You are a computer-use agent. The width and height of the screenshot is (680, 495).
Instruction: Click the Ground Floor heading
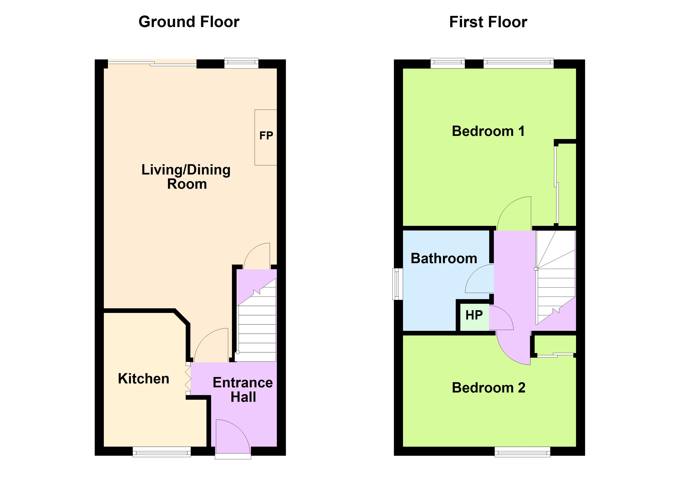(x=189, y=22)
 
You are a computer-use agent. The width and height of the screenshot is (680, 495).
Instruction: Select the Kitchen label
(x=144, y=378)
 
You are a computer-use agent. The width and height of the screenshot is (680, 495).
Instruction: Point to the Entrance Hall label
(x=243, y=390)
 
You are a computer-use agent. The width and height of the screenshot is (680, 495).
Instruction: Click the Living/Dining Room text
(x=186, y=177)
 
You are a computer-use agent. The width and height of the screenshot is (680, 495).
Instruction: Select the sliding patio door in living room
(x=152, y=63)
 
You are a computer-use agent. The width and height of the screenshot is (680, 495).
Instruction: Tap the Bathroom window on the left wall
(x=397, y=284)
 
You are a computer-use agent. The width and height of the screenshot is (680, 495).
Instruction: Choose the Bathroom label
(x=444, y=258)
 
